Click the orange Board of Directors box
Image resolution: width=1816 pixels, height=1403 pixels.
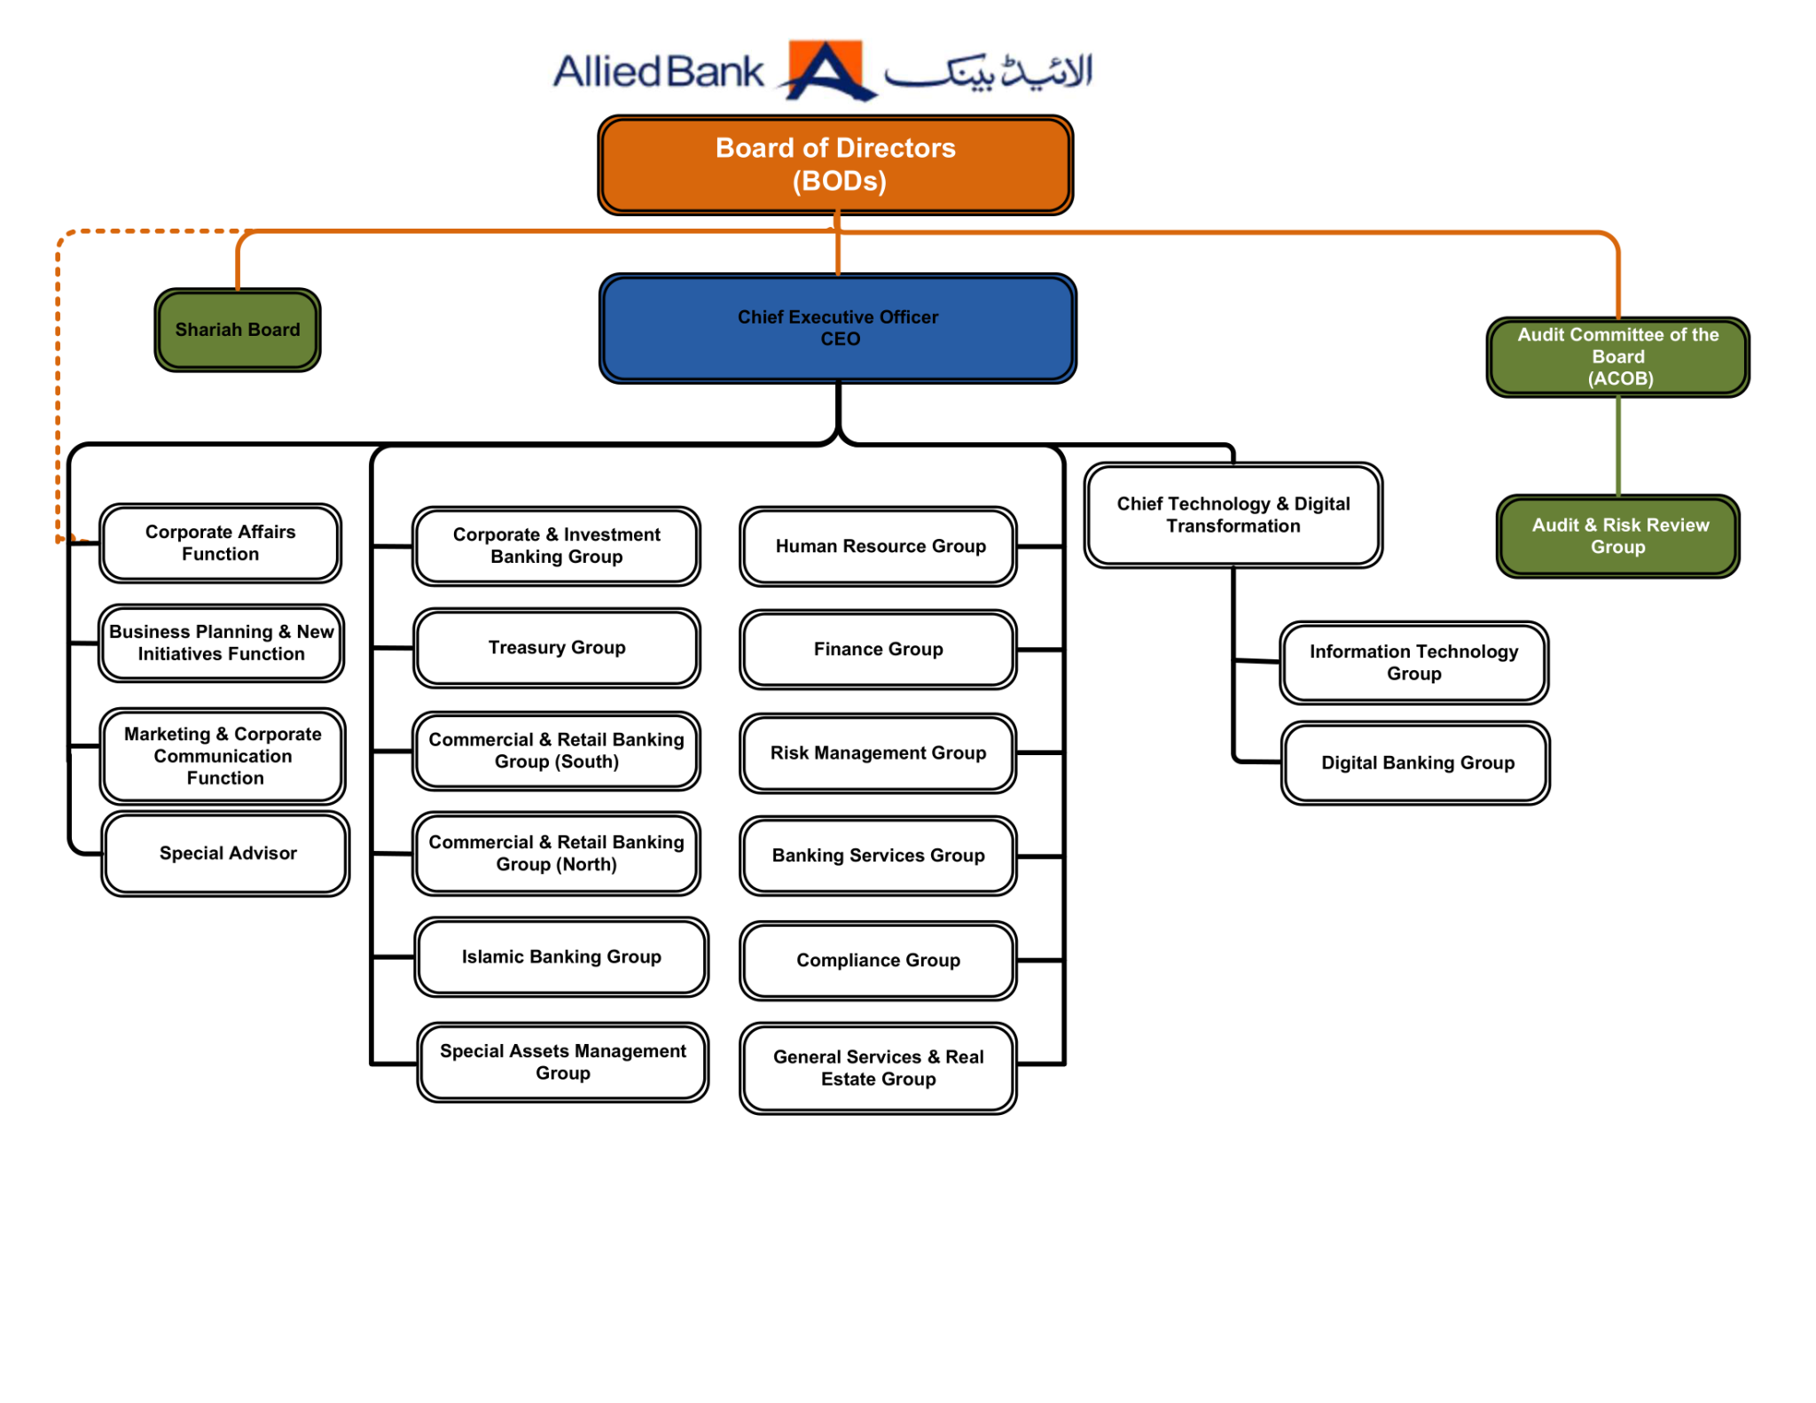[834, 165]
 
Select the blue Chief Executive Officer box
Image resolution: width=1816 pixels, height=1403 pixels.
[837, 328]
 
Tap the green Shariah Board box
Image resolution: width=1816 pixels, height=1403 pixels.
[237, 330]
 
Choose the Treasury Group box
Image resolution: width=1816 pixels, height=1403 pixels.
[556, 647]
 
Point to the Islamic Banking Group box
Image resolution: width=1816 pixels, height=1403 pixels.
[560, 956]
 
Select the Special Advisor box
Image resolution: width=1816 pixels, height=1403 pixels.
[226, 853]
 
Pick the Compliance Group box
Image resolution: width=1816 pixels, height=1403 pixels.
[877, 960]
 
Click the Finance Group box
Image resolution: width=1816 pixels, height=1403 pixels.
[877, 649]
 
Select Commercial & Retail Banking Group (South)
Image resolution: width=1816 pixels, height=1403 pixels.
[556, 750]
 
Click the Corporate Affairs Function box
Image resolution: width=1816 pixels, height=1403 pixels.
[220, 542]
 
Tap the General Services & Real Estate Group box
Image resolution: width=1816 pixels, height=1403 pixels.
[877, 1067]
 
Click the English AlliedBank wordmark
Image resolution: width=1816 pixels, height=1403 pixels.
[657, 72]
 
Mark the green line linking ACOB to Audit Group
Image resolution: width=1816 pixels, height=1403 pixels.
[1617, 446]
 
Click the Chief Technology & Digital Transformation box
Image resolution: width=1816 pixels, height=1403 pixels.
[1232, 514]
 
